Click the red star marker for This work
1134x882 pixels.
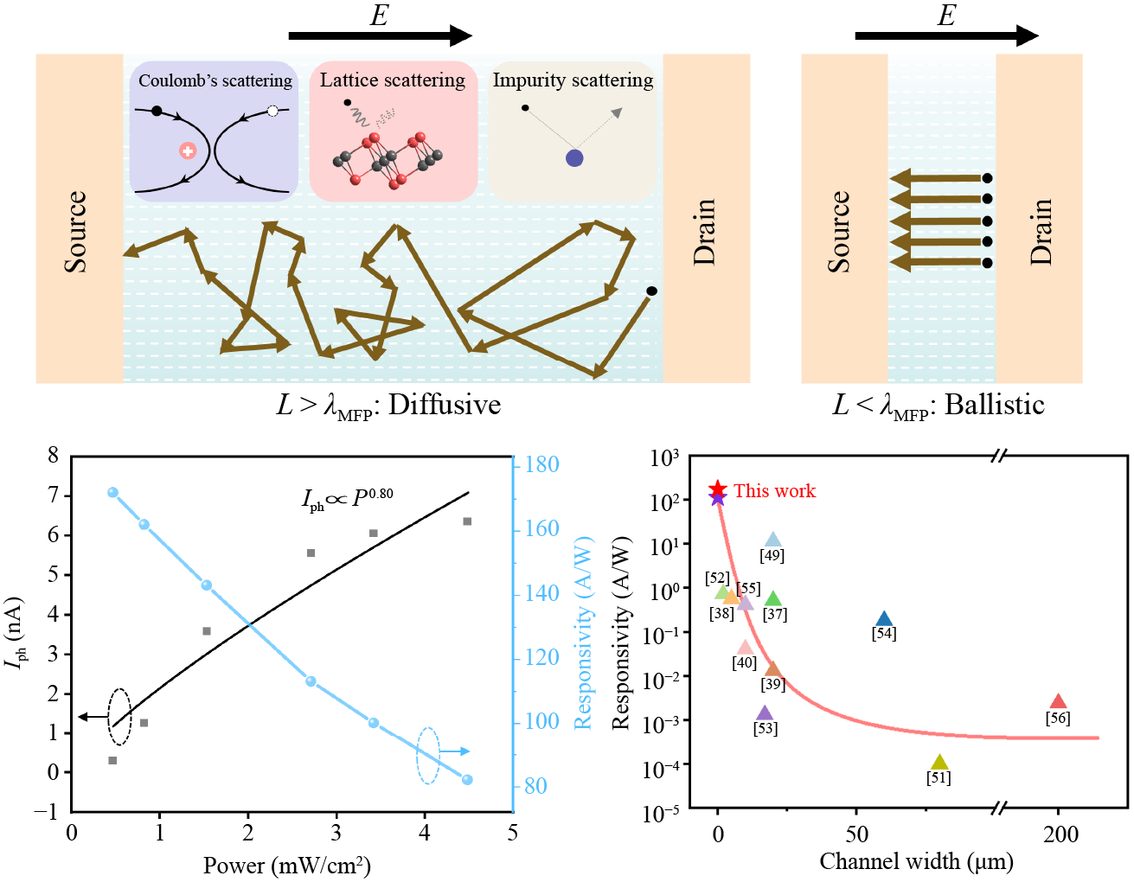(x=717, y=490)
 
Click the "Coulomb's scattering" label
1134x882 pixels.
(x=215, y=81)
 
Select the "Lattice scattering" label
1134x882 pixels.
(x=392, y=80)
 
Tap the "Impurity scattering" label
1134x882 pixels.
(x=573, y=80)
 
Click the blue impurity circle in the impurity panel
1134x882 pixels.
(x=574, y=158)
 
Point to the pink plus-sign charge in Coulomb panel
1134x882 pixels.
(x=188, y=151)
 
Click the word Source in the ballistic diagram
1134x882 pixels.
(x=839, y=232)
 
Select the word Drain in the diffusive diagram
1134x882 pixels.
(x=705, y=232)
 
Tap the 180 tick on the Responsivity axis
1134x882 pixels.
(x=541, y=464)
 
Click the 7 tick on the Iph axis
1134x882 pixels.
(x=54, y=495)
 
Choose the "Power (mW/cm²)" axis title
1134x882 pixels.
(x=287, y=865)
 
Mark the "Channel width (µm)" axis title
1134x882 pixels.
(x=916, y=861)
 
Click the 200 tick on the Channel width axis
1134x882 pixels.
(x=1060, y=834)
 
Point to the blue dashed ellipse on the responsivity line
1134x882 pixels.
(x=428, y=755)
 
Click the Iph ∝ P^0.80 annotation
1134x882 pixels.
(x=347, y=498)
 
